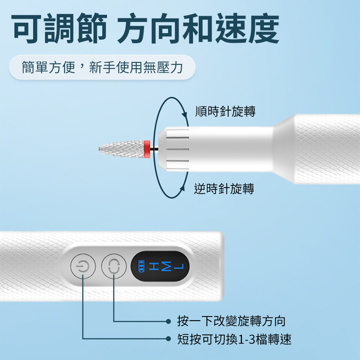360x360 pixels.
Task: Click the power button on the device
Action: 83,267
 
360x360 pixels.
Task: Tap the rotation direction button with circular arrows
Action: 113,267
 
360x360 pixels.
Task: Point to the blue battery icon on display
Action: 142,267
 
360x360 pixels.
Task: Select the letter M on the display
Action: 166,267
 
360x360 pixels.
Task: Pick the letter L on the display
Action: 179,267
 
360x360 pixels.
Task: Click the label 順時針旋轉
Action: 225,112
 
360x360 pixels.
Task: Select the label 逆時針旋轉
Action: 224,189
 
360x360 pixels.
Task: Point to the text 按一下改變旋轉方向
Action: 231,321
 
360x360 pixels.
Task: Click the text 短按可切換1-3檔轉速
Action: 234,339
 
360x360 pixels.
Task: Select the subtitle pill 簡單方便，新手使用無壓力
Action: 102,67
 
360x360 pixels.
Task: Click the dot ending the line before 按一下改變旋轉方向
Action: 168,321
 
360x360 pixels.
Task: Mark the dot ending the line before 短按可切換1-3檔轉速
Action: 168,339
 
